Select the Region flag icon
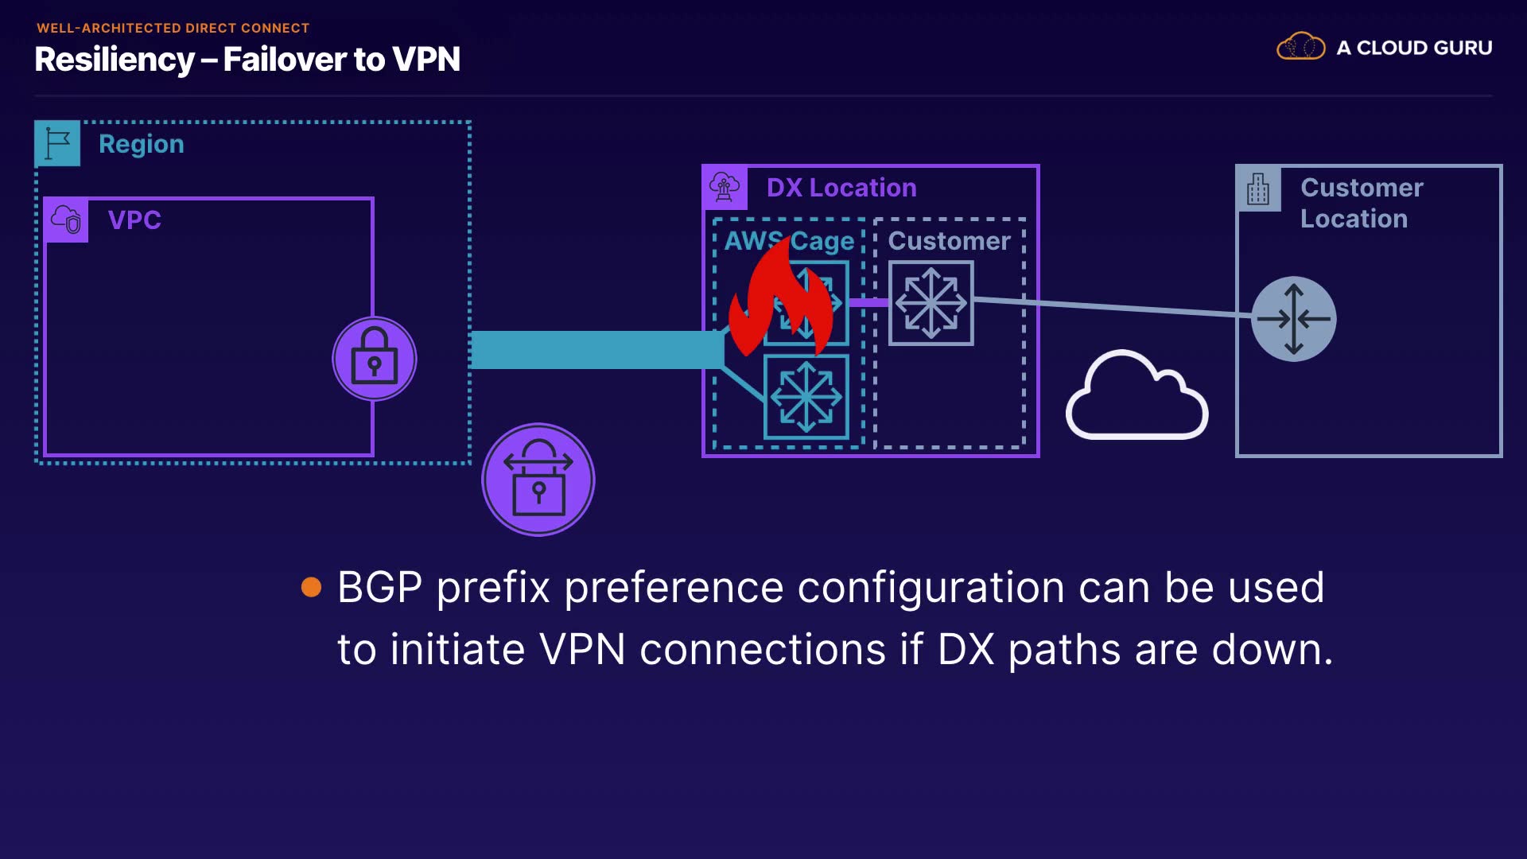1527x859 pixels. tap(58, 144)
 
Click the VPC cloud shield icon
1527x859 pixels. tap(67, 220)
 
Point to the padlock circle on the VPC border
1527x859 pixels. tap(374, 359)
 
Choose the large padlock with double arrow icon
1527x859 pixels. tap(538, 480)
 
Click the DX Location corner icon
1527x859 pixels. tap(725, 188)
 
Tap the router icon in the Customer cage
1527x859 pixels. tap(931, 303)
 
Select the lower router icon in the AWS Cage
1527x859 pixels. tap(806, 397)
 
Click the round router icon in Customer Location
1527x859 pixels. tap(1293, 319)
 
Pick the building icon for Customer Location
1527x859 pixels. tap(1258, 189)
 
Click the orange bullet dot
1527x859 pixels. tap(312, 587)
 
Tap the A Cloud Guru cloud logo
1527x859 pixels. tap(1300, 47)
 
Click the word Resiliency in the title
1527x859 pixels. tap(115, 60)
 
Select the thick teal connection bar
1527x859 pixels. tap(596, 350)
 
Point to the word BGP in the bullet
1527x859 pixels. tap(379, 588)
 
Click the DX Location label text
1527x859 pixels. tap(841, 188)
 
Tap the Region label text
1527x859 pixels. tap(141, 144)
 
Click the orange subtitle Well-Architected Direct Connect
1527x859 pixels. tap(173, 28)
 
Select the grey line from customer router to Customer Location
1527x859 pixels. tap(1113, 308)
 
